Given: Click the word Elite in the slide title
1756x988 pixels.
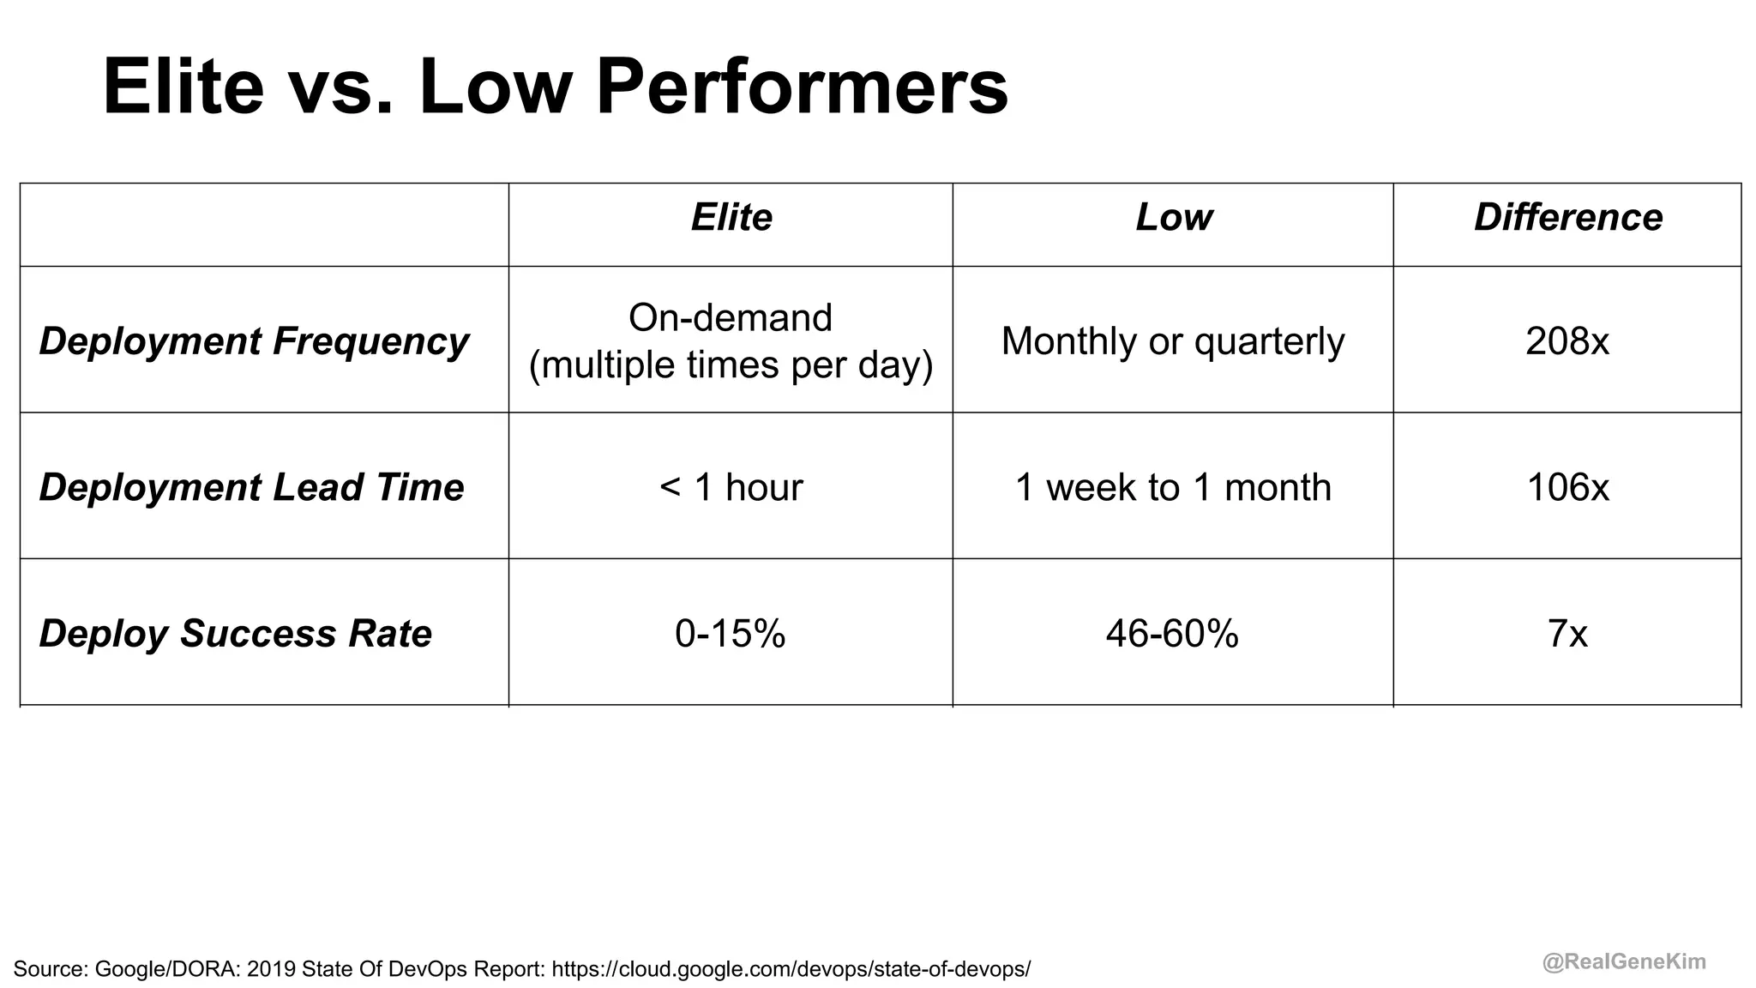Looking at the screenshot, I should click(x=183, y=87).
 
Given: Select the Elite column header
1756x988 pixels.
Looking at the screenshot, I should click(x=731, y=217).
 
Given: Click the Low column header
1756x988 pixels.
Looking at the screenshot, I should click(x=1174, y=217).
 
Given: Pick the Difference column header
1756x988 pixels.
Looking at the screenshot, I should click(x=1568, y=217).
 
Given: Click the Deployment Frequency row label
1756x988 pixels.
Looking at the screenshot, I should click(x=254, y=340).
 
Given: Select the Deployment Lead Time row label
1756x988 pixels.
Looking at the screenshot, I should click(x=251, y=487).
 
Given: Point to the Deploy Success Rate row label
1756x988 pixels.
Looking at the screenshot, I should click(x=235, y=634).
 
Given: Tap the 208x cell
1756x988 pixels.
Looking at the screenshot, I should click(x=1567, y=340).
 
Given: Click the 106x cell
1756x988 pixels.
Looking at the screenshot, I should click(x=1567, y=487).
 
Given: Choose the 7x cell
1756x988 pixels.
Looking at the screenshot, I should click(x=1567, y=634).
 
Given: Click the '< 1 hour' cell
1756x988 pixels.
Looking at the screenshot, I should click(x=731, y=487).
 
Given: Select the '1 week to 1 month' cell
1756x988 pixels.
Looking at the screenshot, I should click(x=1173, y=487).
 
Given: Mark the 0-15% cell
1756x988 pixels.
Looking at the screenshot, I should click(x=731, y=634).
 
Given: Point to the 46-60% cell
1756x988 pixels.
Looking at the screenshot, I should click(x=1172, y=634).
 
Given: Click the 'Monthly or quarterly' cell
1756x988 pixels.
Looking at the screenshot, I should click(x=1173, y=340).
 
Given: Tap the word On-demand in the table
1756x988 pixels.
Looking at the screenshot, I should click(x=731, y=317).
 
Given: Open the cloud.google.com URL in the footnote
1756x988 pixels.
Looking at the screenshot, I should click(x=791, y=969).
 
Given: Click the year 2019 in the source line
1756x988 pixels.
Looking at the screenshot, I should click(x=270, y=969).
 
